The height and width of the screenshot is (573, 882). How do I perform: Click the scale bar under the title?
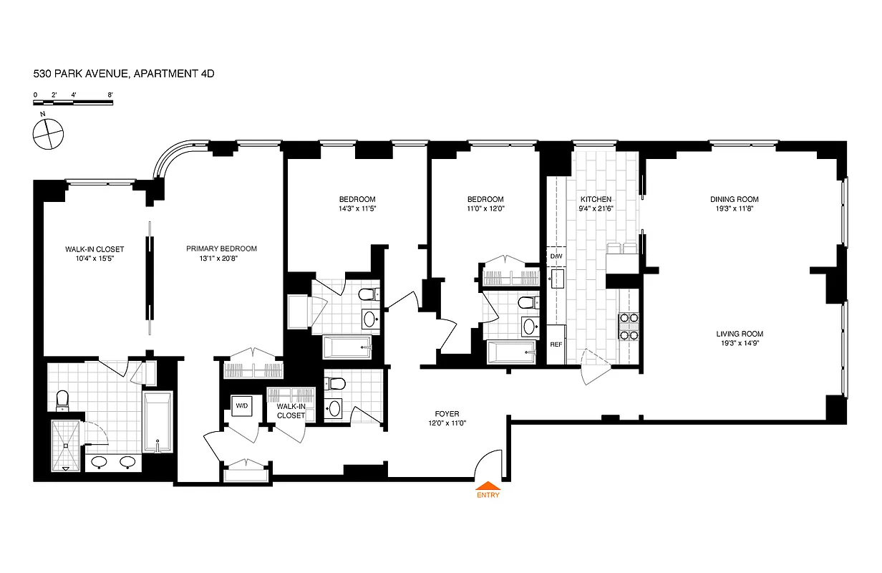coord(73,103)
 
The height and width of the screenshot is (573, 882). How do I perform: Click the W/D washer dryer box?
coord(241,407)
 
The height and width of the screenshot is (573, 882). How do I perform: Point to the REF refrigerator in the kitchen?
coord(556,345)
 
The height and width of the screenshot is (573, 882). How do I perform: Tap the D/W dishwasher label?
coord(556,256)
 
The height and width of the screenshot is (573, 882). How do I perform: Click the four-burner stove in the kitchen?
coord(628,326)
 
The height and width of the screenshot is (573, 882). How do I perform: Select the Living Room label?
coord(740,334)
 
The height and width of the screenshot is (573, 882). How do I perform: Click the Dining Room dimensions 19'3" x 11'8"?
coord(734,208)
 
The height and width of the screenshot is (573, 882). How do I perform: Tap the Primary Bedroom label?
coord(221,249)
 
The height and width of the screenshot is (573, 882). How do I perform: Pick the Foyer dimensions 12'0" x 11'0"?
coord(447,423)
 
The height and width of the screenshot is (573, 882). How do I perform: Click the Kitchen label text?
coord(596,199)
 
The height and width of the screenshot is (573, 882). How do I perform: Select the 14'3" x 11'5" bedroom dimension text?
coord(357,208)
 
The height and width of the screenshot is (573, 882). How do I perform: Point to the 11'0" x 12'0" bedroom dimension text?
coord(485,208)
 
